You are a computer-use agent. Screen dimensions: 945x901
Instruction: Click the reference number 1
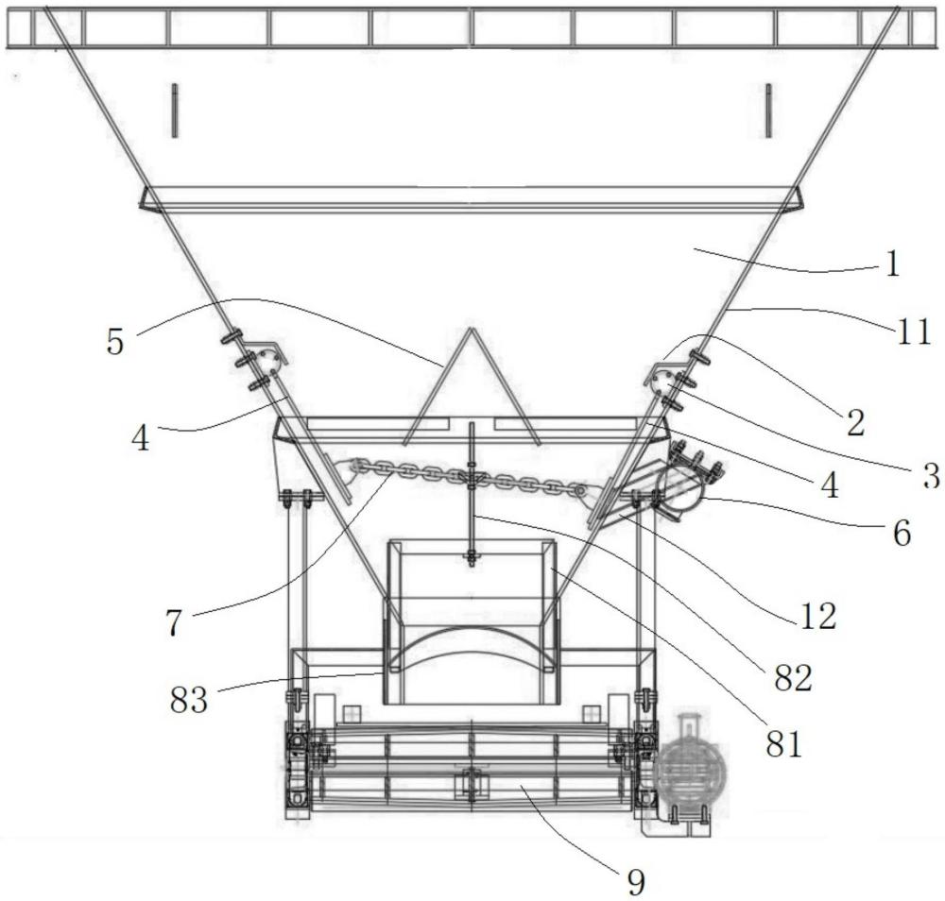click(x=893, y=263)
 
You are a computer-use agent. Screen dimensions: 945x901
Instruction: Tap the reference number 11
click(x=914, y=332)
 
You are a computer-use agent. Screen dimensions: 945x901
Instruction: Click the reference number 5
click(x=115, y=343)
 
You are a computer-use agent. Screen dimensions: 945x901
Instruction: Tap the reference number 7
click(x=174, y=622)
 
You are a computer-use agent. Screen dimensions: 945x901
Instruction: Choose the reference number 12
click(x=818, y=616)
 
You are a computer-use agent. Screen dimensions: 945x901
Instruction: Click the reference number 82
click(x=793, y=679)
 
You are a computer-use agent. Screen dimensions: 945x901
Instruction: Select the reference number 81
click(x=784, y=744)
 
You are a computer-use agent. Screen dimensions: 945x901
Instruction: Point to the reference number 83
click(x=189, y=701)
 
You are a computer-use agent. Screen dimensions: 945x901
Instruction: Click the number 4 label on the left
click(x=141, y=438)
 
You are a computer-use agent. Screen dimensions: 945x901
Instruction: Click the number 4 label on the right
click(x=831, y=485)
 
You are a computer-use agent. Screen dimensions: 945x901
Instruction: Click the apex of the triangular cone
click(x=472, y=329)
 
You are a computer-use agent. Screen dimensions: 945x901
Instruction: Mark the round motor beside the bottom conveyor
click(x=686, y=767)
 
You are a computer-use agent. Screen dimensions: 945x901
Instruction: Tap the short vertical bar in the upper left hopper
click(x=174, y=110)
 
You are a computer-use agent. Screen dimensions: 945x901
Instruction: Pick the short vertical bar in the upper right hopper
click(x=768, y=110)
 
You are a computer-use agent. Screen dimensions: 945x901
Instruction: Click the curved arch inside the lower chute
click(x=472, y=629)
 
